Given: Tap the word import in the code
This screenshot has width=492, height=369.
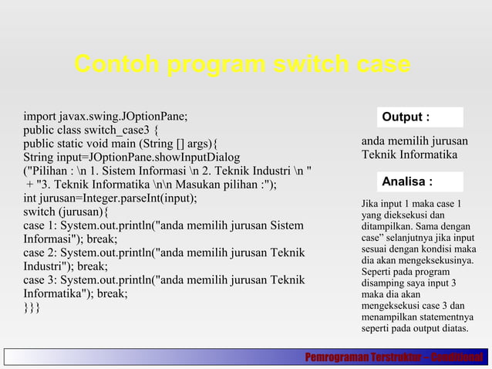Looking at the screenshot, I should click(40, 117).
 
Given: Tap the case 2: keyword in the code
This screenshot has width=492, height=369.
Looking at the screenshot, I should click(41, 252).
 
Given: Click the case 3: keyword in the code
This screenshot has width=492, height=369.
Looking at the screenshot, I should click(41, 280).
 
